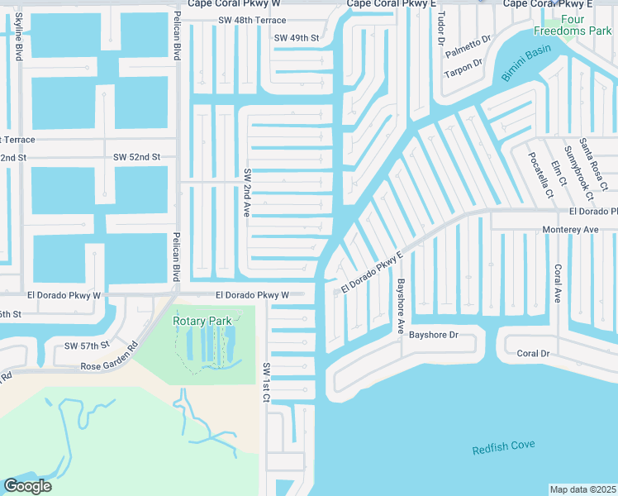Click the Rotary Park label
(x=202, y=321)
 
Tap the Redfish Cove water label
(x=503, y=447)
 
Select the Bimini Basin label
(x=525, y=65)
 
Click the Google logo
(x=27, y=485)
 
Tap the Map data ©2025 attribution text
(x=582, y=489)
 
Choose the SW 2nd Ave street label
(x=246, y=194)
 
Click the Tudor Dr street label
(x=440, y=29)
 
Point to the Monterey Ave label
(x=569, y=229)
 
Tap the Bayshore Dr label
(x=433, y=336)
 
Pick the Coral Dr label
(x=533, y=353)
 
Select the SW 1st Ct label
(x=266, y=382)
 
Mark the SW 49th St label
(x=297, y=38)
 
